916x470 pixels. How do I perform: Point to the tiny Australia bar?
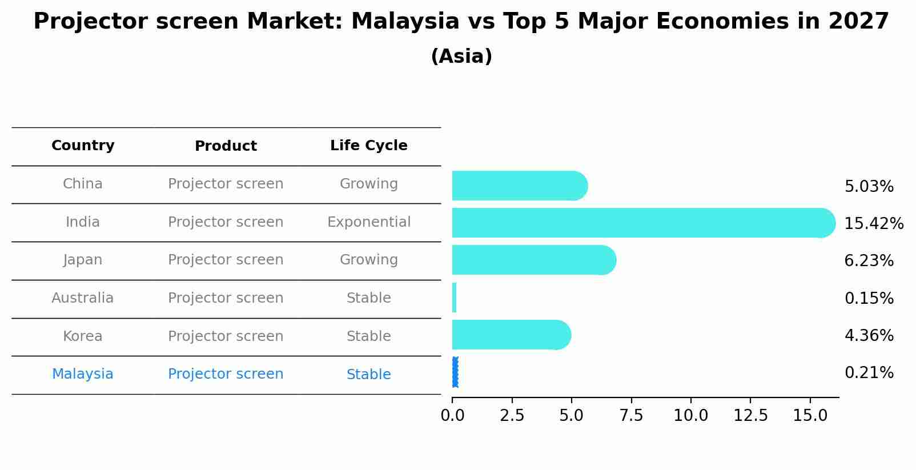click(454, 298)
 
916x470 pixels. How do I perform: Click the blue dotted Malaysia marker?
click(455, 372)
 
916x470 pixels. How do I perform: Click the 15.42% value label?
click(873, 223)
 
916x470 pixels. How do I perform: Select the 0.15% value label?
click(869, 298)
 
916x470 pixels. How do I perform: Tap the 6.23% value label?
click(869, 261)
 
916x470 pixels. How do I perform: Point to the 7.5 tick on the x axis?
click(631, 416)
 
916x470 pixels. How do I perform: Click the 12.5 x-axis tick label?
click(750, 416)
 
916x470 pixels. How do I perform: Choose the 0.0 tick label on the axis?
click(452, 416)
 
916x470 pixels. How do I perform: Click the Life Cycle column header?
click(368, 146)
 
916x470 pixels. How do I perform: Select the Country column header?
click(83, 146)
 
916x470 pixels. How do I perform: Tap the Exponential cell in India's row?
click(368, 222)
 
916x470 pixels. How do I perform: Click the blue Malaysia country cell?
click(83, 374)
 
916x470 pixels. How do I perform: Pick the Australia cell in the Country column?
click(83, 298)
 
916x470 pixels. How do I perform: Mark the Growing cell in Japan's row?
click(368, 260)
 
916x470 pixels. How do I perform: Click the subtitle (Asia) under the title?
click(461, 57)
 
